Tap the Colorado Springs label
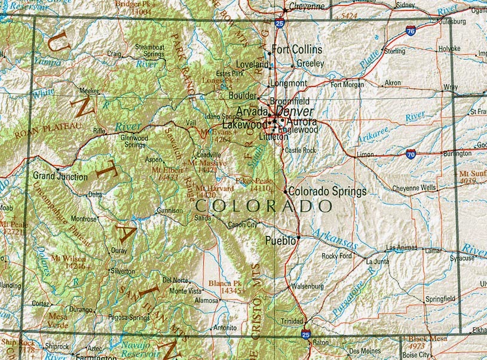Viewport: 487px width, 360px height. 327,192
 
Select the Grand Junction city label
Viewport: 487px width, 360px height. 60,177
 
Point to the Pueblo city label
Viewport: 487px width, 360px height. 280,241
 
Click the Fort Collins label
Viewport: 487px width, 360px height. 297,49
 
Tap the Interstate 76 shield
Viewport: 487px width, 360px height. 411,32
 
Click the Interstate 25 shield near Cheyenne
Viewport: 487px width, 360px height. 280,23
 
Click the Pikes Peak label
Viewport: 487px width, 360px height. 253,181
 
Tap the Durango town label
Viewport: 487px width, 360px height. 81,310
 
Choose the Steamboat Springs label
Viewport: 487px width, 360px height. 149,50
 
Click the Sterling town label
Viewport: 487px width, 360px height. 394,51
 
